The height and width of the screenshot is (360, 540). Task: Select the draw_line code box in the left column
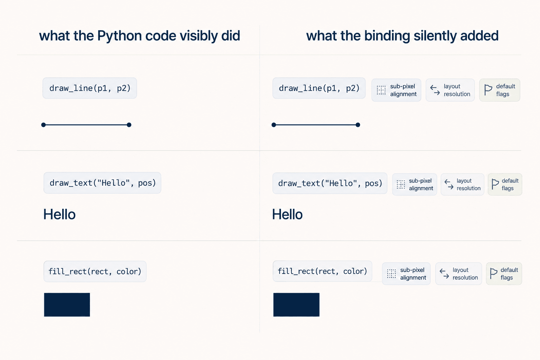[90, 88]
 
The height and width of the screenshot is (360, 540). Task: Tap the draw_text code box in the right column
[330, 183]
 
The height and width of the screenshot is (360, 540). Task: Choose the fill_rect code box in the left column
[95, 271]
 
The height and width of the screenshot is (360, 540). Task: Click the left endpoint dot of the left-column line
[43, 125]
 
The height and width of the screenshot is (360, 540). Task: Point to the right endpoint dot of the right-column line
[358, 125]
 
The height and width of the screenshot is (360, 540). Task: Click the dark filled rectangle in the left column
[67, 304]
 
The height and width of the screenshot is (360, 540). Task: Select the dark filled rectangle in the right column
[296, 304]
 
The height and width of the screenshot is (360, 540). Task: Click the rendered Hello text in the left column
[59, 214]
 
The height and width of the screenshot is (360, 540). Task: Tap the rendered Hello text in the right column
[287, 214]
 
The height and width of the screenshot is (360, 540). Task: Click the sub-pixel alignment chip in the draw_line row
[396, 90]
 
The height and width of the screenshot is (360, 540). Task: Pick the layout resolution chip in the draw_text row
[462, 185]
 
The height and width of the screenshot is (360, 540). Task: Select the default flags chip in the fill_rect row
[504, 274]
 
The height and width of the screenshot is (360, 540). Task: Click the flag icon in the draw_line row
[488, 90]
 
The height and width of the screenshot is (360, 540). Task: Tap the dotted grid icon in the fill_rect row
[392, 274]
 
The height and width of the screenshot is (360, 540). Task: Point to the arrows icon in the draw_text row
[449, 185]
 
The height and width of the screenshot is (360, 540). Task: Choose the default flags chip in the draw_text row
[505, 185]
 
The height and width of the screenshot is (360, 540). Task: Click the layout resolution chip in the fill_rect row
[458, 274]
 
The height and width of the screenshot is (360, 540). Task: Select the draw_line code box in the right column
[319, 88]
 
